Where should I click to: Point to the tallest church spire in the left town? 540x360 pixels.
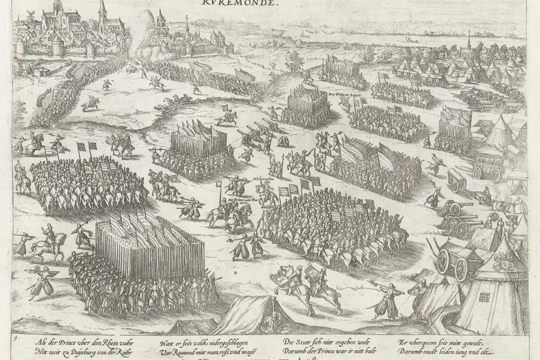[x=102, y=12]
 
